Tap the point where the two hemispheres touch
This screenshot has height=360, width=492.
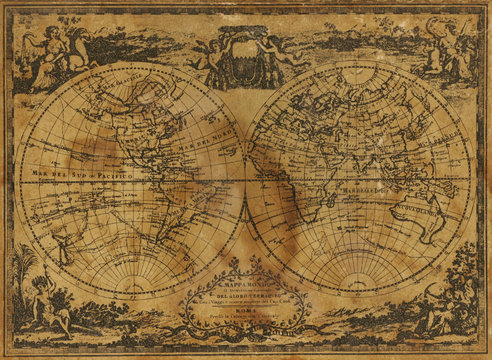(246, 179)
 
